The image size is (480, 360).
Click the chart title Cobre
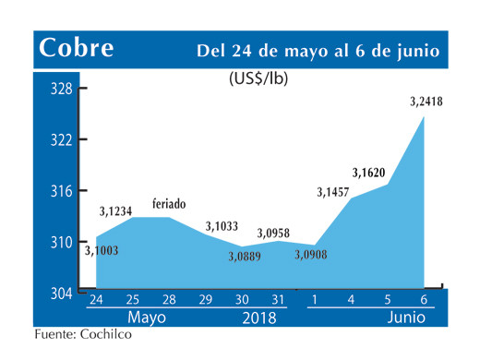click(x=78, y=48)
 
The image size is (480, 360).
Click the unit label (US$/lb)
click(x=258, y=79)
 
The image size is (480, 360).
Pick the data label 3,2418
click(x=426, y=102)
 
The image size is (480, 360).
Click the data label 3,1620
click(x=369, y=172)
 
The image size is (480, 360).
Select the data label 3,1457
click(x=333, y=192)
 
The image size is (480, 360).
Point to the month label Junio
click(x=406, y=318)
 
